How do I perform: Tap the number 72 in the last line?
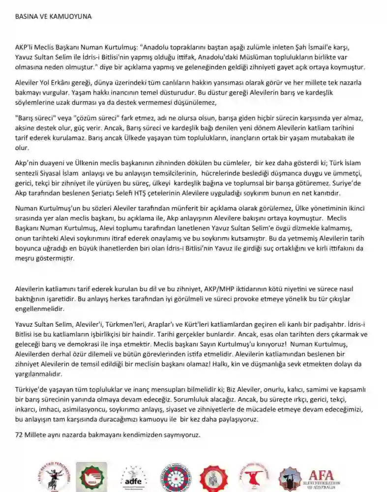click(20, 435)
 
